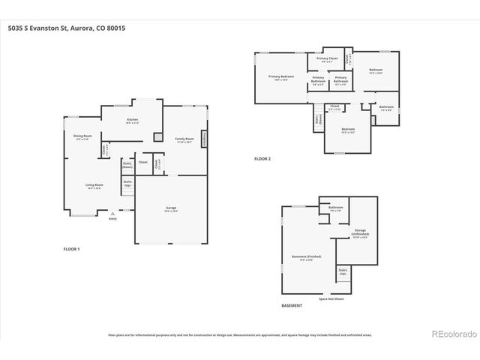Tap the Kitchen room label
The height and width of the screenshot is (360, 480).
[132, 120]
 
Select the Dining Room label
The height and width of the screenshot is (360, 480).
[82, 136]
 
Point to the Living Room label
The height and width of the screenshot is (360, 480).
[94, 186]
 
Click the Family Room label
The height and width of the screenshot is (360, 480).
[184, 139]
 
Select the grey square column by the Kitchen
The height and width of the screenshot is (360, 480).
[157, 137]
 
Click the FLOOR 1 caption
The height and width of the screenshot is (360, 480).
[72, 248]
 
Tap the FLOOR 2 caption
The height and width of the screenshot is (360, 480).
[262, 159]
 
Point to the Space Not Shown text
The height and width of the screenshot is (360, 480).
[331, 298]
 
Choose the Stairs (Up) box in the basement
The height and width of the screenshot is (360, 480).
[343, 271]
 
